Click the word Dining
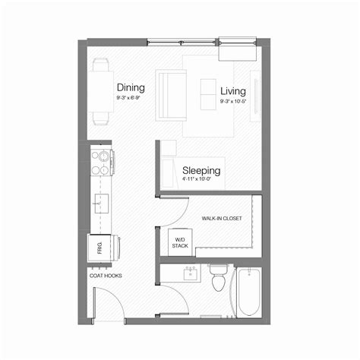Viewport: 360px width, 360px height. click(x=131, y=88)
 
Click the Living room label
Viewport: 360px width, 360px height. click(x=233, y=91)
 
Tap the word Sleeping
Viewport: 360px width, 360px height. click(x=201, y=170)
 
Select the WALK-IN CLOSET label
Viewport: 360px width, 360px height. click(x=222, y=218)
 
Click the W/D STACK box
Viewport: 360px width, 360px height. click(x=179, y=242)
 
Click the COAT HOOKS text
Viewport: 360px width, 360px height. click(x=105, y=276)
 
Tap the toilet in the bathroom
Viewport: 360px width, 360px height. click(x=219, y=279)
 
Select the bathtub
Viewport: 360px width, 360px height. click(x=248, y=292)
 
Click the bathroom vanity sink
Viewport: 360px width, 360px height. click(x=191, y=272)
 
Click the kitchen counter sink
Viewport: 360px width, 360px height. click(x=100, y=204)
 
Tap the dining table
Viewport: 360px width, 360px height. click(x=101, y=92)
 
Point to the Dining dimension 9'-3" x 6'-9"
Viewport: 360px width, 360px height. click(x=131, y=99)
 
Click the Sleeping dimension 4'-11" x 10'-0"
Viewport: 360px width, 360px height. click(x=201, y=181)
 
